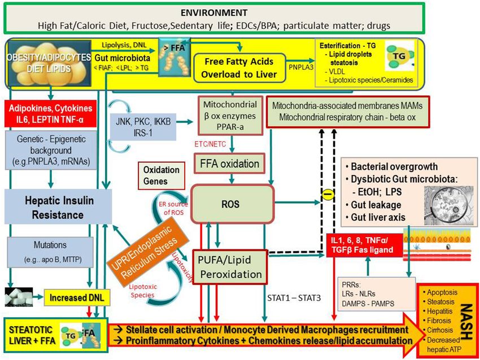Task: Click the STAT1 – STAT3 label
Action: point(293,296)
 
